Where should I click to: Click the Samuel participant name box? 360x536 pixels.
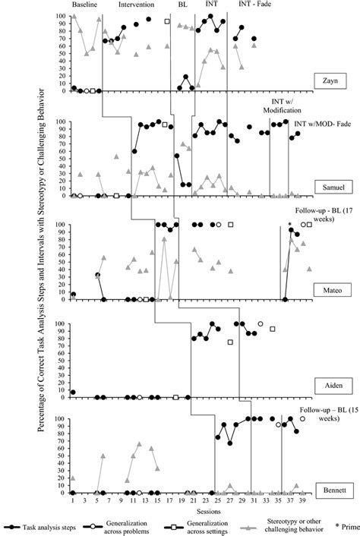[x=330, y=186]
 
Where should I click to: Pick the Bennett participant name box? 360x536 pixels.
[x=329, y=489]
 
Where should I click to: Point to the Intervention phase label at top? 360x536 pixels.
[x=136, y=5]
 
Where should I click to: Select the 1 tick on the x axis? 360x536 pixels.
[x=73, y=500]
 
